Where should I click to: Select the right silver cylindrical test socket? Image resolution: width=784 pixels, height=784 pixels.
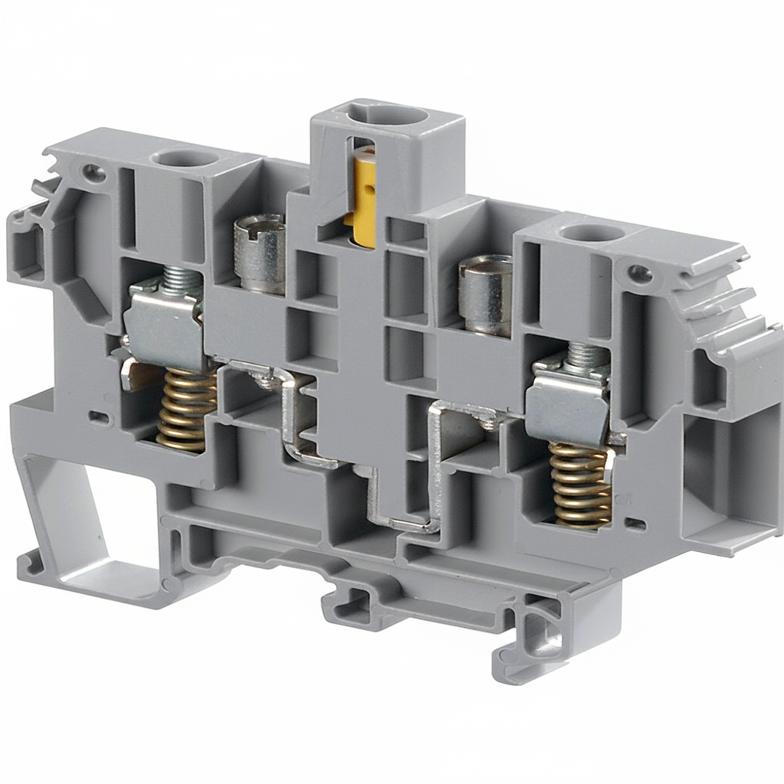coord(485,296)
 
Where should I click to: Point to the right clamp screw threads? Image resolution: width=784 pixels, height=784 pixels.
coord(586,354)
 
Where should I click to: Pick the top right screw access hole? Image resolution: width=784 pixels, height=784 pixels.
coord(592,234)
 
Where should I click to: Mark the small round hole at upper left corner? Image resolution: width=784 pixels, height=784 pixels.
coord(93,172)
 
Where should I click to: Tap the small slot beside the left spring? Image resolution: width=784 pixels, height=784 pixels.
coord(99,417)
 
